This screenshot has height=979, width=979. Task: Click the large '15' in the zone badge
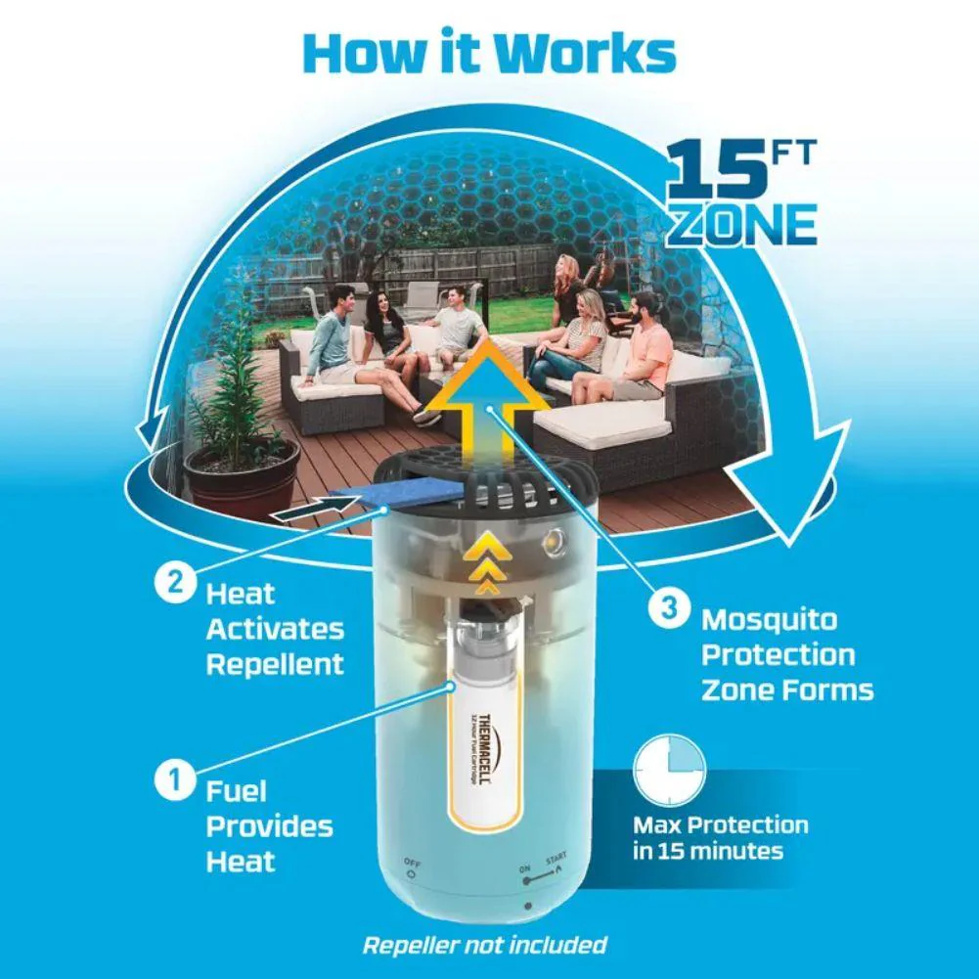(x=713, y=170)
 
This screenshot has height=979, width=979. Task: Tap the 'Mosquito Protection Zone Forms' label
(x=785, y=654)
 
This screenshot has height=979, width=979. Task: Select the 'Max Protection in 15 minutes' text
(x=720, y=838)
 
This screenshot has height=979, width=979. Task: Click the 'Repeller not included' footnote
(x=484, y=945)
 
